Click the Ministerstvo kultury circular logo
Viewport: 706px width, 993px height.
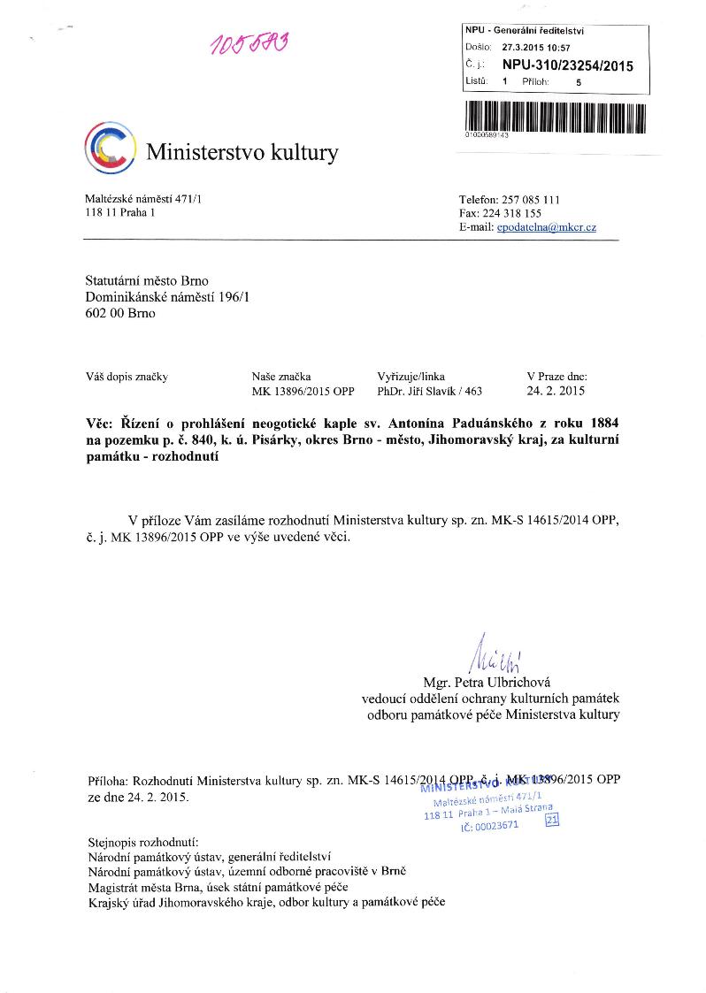(110, 149)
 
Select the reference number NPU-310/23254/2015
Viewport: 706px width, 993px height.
(567, 65)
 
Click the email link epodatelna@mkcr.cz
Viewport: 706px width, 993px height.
(546, 227)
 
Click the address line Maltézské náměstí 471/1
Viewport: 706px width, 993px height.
(142, 200)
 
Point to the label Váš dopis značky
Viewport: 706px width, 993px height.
(127, 376)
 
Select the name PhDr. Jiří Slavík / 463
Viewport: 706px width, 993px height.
(429, 390)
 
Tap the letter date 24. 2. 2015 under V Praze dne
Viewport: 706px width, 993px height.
(555, 390)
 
